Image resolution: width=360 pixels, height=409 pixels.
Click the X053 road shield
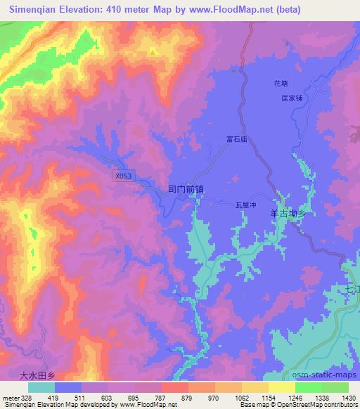(122, 177)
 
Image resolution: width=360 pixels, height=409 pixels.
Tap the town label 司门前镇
(186, 188)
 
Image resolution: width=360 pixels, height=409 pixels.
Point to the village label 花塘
(281, 84)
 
